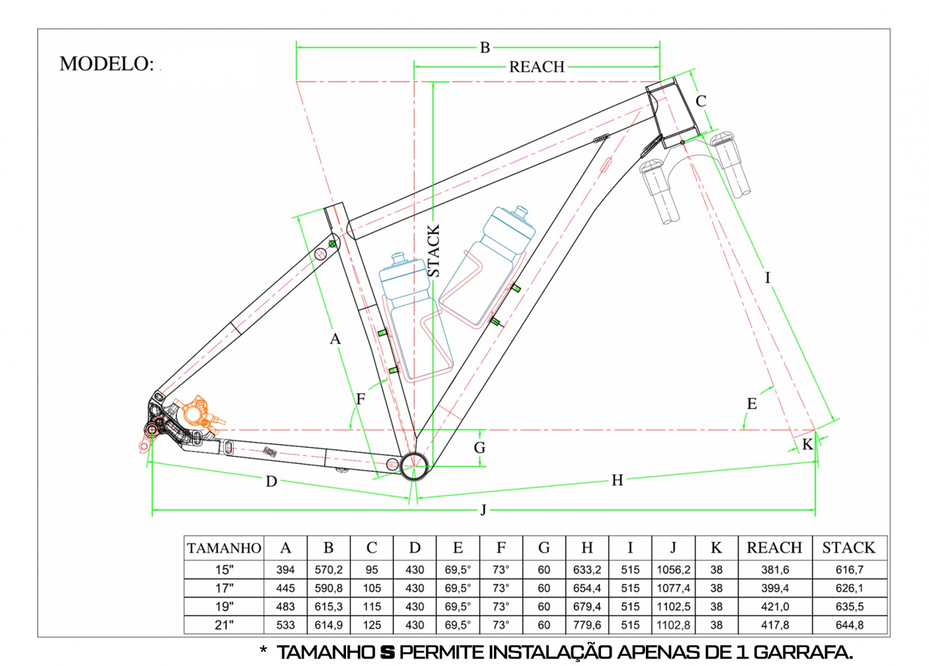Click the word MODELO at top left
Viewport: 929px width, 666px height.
click(x=106, y=64)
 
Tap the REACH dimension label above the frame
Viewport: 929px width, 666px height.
click(x=537, y=67)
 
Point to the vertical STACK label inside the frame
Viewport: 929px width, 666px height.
click(x=434, y=250)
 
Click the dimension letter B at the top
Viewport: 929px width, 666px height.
click(x=485, y=47)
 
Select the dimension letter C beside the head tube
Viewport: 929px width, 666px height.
click(x=701, y=101)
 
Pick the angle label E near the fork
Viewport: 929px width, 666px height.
click(x=752, y=403)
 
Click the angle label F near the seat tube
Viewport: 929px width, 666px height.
click(x=361, y=399)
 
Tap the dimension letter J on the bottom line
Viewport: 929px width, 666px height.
click(x=483, y=509)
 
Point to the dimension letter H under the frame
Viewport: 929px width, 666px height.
click(x=617, y=480)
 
